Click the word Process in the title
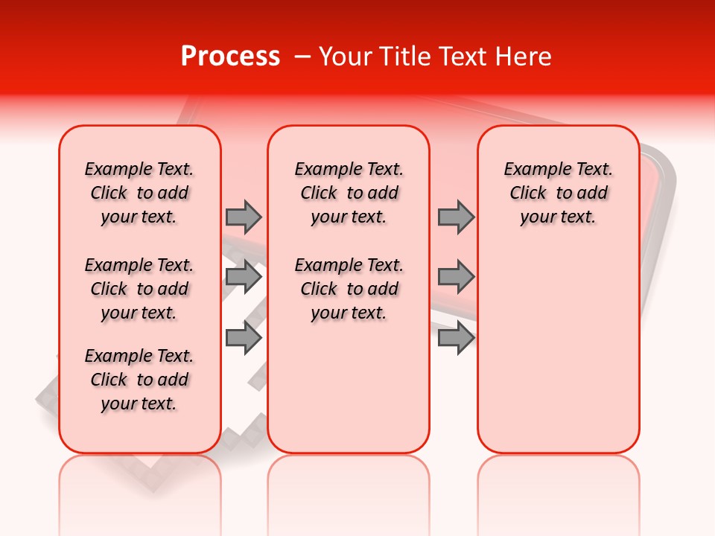230,57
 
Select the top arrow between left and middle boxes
244,217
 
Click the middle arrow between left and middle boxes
244,277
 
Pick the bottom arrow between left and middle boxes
244,338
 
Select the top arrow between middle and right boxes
456,217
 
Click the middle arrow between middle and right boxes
456,277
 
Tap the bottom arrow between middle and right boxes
456,338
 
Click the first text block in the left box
139,193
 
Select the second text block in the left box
139,289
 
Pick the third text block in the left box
139,380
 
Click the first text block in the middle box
349,193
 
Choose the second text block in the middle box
349,289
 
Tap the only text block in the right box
558,193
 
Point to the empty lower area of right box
558,357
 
